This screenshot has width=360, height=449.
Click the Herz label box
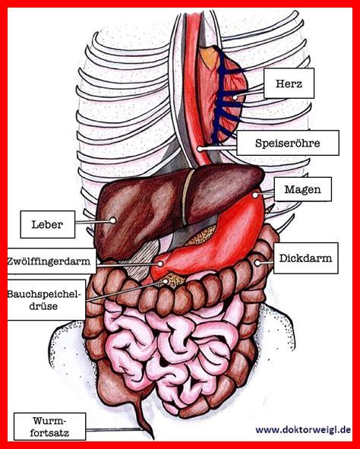click(289, 84)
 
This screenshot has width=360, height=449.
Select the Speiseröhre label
click(288, 143)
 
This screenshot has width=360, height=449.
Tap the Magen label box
click(303, 189)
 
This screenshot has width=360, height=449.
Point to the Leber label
click(48, 225)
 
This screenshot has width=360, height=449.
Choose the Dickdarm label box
click(305, 258)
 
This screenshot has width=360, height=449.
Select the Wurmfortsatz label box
click(50, 427)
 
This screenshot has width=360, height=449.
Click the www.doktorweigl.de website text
click(303, 430)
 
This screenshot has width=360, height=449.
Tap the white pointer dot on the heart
click(235, 97)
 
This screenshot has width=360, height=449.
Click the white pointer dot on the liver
click(113, 220)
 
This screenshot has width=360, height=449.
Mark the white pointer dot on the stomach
click(254, 195)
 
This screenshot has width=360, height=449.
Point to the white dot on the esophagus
click(200, 149)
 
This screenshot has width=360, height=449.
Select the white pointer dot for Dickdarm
click(257, 263)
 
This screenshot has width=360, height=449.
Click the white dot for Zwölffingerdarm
click(160, 264)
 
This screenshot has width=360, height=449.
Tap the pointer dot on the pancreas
click(166, 282)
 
